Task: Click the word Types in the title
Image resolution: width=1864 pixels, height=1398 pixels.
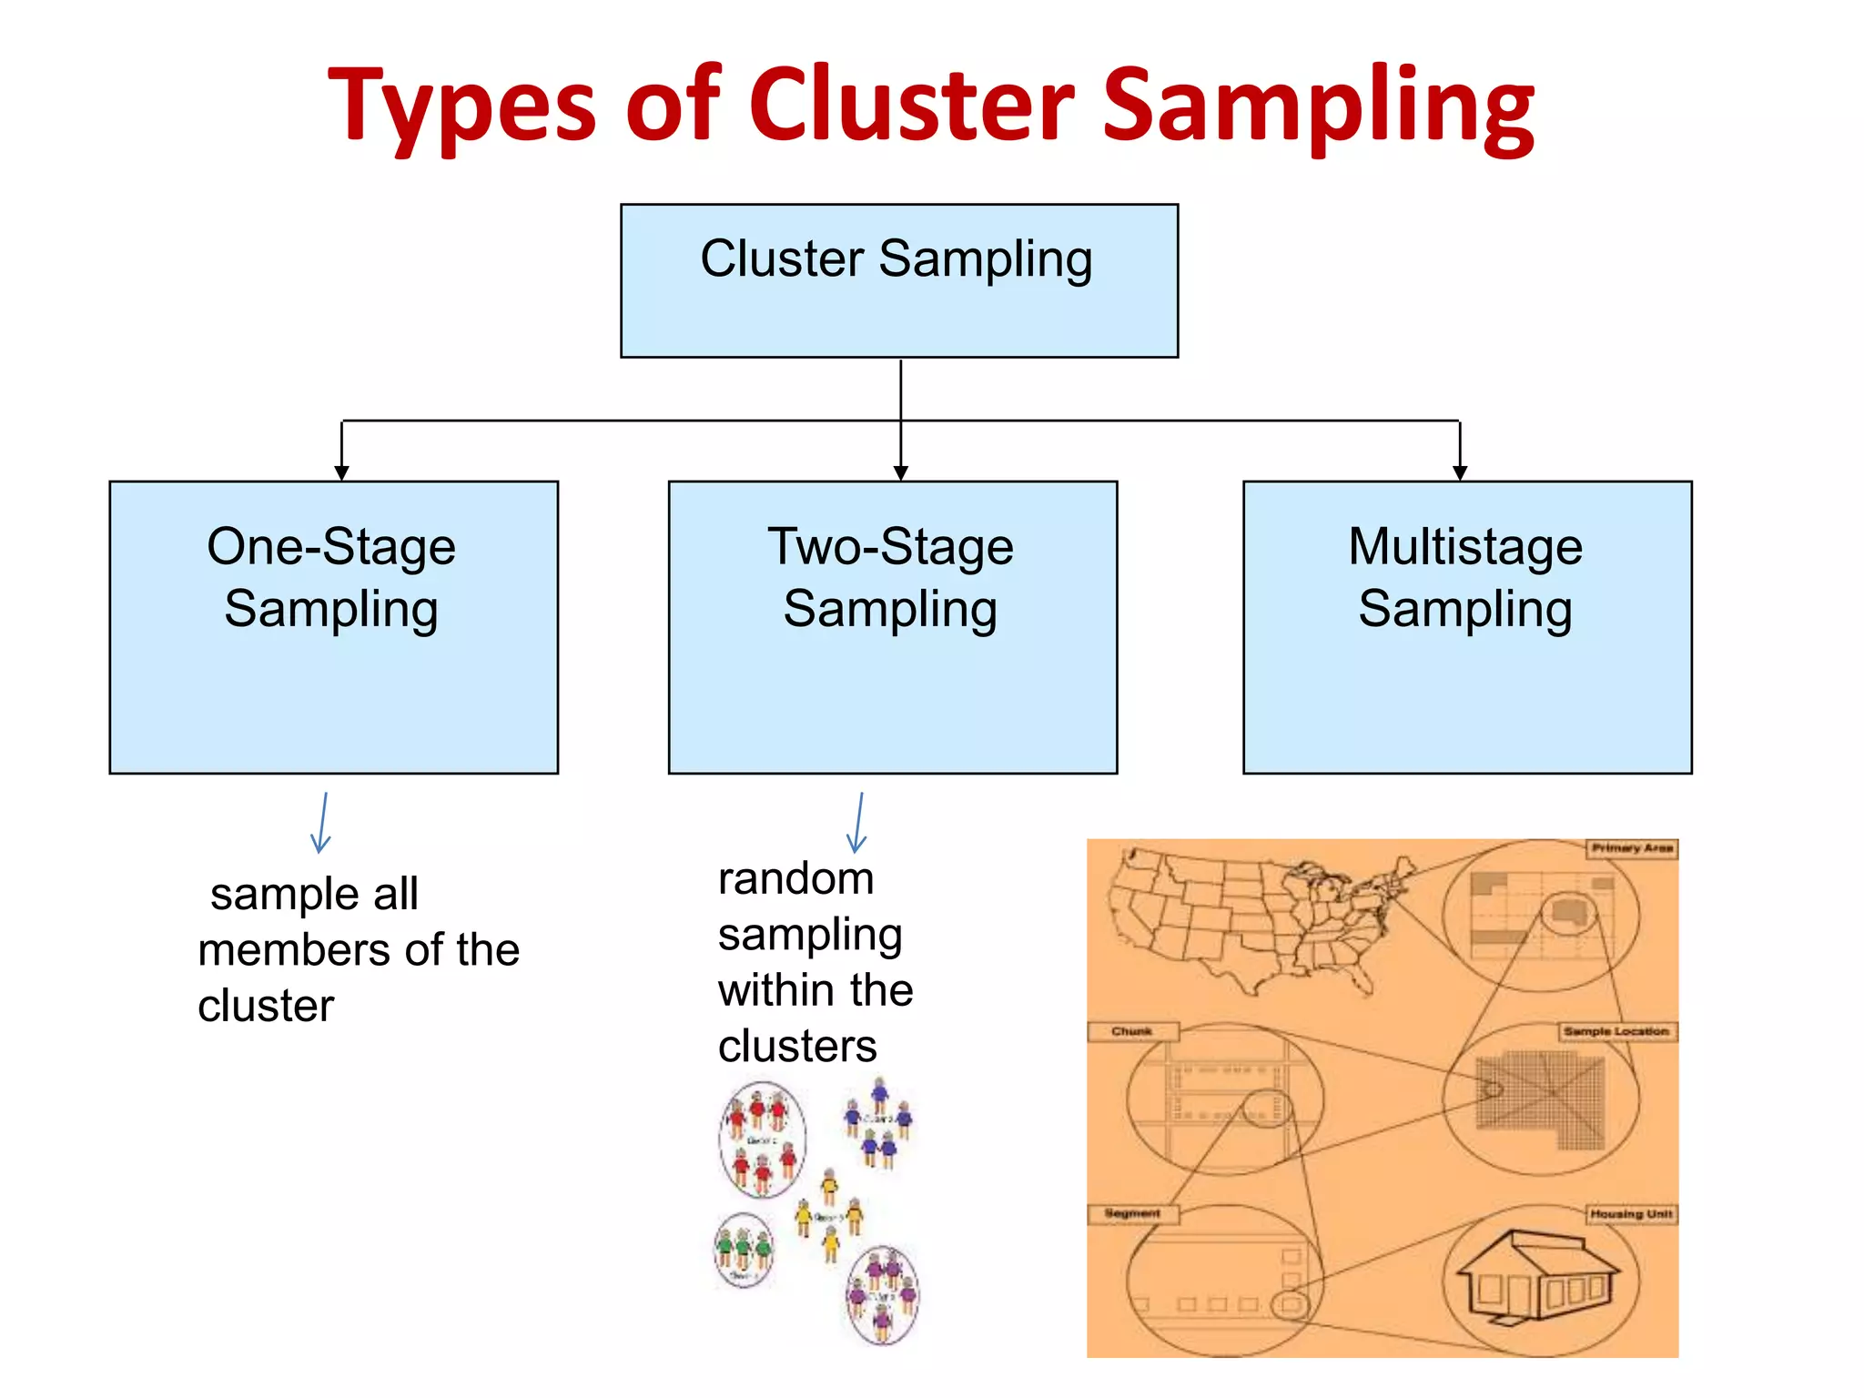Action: click(461, 107)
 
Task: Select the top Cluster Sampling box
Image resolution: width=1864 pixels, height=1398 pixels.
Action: click(898, 280)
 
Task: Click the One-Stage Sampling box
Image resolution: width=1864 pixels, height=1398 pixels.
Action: click(333, 627)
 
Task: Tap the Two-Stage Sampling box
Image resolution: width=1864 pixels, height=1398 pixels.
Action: click(892, 627)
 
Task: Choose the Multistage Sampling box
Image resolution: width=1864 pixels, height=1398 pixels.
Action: click(1466, 627)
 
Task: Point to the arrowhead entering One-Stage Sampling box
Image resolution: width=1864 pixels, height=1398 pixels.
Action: click(341, 472)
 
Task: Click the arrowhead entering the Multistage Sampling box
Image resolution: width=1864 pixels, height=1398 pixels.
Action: click(1460, 472)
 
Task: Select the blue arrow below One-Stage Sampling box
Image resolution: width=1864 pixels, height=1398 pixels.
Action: click(320, 823)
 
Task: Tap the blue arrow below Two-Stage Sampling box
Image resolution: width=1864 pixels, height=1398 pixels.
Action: click(856, 823)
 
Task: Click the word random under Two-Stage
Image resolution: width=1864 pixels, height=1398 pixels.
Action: click(795, 879)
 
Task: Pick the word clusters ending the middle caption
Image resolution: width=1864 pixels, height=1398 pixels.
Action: click(797, 1047)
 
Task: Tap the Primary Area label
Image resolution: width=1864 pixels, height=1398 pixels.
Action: click(1632, 848)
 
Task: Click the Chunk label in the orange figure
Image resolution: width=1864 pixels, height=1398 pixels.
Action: click(1132, 1031)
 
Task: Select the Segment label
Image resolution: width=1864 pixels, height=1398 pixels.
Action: click(1132, 1213)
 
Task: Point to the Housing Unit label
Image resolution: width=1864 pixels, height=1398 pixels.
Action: click(1631, 1214)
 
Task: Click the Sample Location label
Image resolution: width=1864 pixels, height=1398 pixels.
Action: click(1616, 1031)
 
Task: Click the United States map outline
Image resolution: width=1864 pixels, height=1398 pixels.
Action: click(1256, 919)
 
